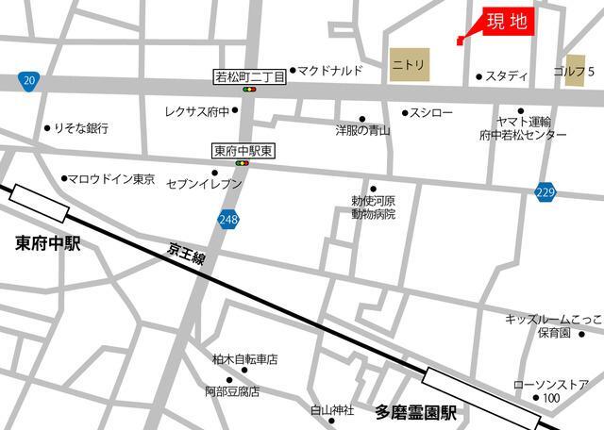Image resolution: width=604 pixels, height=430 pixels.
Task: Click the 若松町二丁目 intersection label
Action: [248, 74]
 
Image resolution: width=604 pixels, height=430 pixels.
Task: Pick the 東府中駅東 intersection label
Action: [243, 149]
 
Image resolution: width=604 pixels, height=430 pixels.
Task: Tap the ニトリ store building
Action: [410, 65]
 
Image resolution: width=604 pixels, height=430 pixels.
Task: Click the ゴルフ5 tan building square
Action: [575, 72]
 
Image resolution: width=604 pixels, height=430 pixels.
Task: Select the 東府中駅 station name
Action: [48, 244]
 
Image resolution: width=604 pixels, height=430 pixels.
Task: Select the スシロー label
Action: [433, 112]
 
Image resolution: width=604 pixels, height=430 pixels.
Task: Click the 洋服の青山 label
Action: [363, 130]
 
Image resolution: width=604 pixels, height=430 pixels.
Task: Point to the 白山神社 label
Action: [332, 411]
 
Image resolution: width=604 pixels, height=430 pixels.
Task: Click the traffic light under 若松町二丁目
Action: [249, 90]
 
